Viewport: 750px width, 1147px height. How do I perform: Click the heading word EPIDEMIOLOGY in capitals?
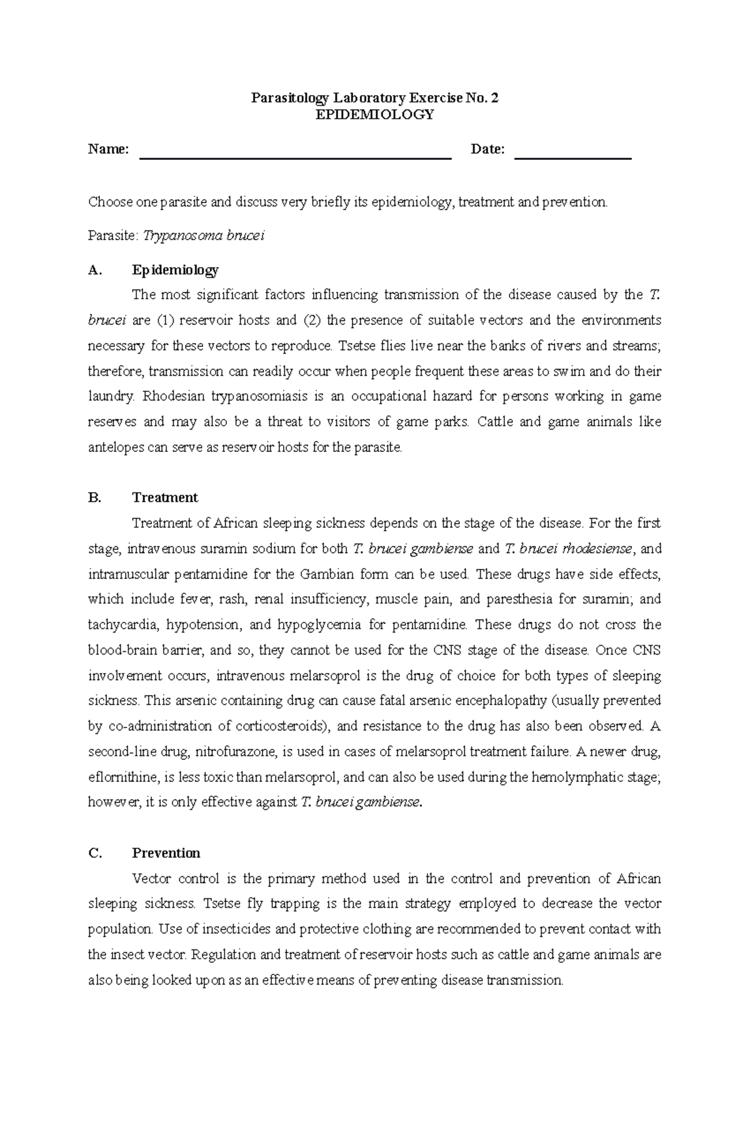pyautogui.click(x=374, y=114)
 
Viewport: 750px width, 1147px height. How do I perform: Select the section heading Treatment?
pyautogui.click(x=165, y=498)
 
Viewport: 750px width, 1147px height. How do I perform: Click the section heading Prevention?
pyautogui.click(x=166, y=853)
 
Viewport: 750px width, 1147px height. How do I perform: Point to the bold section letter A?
pyautogui.click(x=94, y=270)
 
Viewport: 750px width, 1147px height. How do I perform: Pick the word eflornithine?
pyautogui.click(x=122, y=778)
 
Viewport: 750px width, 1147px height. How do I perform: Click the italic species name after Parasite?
pyautogui.click(x=204, y=236)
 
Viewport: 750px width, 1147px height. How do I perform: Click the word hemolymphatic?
pyautogui.click(x=571, y=778)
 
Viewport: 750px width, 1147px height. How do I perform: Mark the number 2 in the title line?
pyautogui.click(x=495, y=98)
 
